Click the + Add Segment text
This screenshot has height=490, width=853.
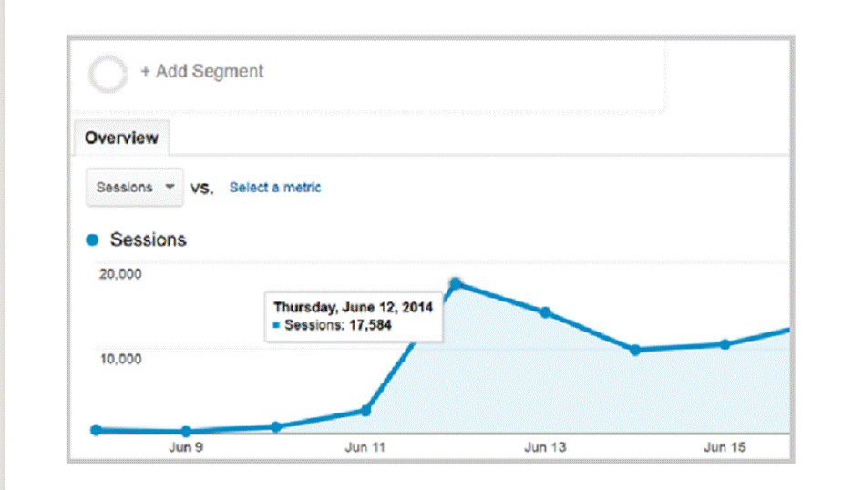201,71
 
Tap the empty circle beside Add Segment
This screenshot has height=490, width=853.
108,74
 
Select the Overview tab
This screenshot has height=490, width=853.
121,138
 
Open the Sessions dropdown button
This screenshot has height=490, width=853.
134,188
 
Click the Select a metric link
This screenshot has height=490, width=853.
275,188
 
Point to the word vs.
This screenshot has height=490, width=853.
201,189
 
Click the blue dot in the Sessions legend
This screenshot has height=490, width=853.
91,240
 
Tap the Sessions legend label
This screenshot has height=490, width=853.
148,240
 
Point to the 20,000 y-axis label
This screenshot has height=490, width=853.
119,275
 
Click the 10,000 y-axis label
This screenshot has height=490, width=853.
119,358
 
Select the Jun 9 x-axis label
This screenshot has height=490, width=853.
186,448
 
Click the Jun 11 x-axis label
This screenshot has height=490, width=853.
365,448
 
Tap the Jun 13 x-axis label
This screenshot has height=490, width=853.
545,448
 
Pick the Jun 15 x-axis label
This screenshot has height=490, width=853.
725,448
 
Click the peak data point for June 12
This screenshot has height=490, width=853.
456,284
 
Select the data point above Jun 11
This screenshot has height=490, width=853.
365,411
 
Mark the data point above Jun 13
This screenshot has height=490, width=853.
545,312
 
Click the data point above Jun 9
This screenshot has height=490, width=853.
186,432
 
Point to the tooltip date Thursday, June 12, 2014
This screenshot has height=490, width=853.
353,307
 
